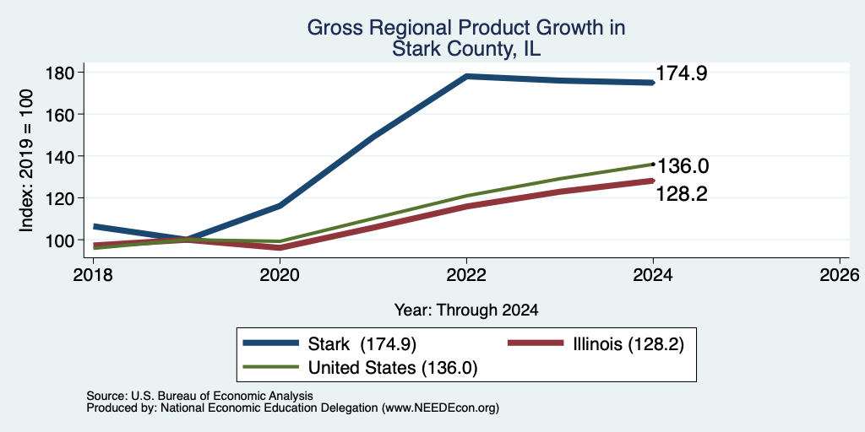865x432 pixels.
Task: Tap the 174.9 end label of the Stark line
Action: [x=682, y=74]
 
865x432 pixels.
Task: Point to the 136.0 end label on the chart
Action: [x=682, y=166]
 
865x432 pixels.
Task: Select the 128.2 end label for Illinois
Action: [x=682, y=194]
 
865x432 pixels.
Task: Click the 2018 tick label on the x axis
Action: [x=93, y=274]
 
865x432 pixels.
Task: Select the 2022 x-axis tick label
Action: [x=466, y=274]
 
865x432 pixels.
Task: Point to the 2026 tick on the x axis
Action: [x=841, y=274]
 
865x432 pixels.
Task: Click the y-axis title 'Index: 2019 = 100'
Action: [x=26, y=161]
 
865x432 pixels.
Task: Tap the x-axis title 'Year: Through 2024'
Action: [x=466, y=310]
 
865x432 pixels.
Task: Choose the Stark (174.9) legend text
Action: [x=362, y=344]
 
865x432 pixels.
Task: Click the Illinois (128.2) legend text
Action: [x=628, y=344]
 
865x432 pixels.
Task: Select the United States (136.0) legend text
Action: [x=393, y=368]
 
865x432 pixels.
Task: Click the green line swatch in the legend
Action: [x=271, y=368]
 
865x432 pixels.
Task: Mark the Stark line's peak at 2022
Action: [x=466, y=77]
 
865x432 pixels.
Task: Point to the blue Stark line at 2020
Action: [x=280, y=206]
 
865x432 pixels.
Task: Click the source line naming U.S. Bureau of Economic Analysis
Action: [x=199, y=396]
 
